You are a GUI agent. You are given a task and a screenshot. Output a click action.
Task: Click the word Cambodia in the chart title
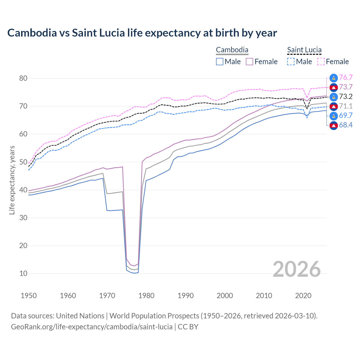click(x=32, y=33)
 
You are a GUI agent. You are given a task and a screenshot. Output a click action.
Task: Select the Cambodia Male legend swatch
click(x=220, y=62)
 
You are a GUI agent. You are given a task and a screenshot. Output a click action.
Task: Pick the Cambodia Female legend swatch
click(x=249, y=62)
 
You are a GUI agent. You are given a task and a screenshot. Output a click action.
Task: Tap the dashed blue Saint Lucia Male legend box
click(x=291, y=62)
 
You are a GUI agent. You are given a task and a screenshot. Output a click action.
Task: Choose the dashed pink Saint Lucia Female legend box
click(x=321, y=62)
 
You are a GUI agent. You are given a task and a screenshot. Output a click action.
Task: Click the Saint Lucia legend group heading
click(x=304, y=50)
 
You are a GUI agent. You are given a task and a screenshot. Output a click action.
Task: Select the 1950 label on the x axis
click(x=29, y=296)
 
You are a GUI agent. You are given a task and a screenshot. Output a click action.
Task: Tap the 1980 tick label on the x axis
click(x=146, y=296)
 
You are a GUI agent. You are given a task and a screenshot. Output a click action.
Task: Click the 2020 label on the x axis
click(x=303, y=296)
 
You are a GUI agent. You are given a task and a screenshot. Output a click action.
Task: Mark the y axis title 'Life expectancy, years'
click(x=12, y=180)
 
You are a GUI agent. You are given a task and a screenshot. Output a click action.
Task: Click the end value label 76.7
click(x=346, y=78)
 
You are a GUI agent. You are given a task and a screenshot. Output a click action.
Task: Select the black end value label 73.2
click(x=346, y=97)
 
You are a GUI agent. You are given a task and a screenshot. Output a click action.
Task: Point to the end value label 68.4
click(x=346, y=125)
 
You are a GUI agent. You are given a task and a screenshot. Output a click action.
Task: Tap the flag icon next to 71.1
click(x=334, y=106)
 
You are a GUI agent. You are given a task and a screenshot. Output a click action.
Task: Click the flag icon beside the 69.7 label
click(x=334, y=116)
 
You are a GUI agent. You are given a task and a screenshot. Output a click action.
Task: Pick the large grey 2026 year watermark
click(x=296, y=269)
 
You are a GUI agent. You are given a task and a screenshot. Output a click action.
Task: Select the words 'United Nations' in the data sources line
click(x=80, y=316)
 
